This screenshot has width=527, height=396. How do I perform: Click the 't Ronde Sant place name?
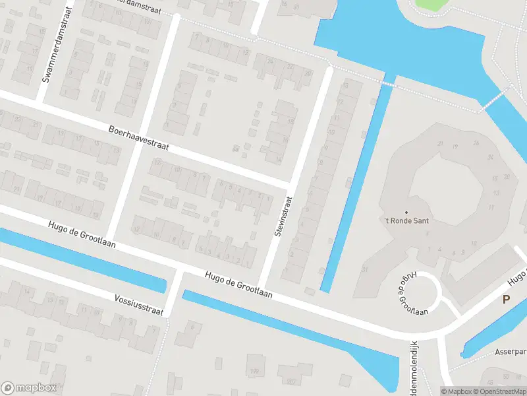(x=406, y=220)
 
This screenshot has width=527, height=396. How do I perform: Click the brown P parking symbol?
(x=506, y=299)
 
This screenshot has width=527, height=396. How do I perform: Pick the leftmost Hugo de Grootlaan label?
(x=82, y=234)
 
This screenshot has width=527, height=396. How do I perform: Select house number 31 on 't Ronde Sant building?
(x=364, y=269)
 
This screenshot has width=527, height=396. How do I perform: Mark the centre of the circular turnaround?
(x=420, y=292)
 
